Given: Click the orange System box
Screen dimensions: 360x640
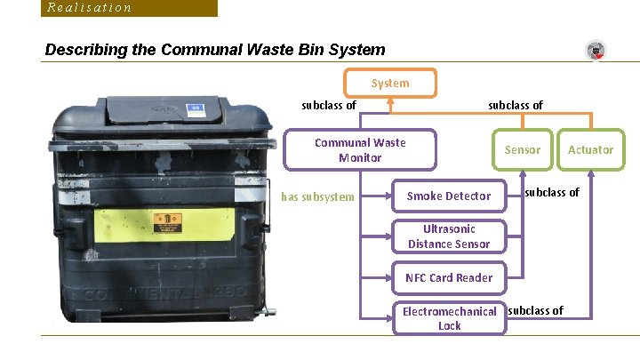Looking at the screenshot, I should point(390,83).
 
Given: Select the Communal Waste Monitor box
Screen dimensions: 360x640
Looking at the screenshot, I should point(360,150).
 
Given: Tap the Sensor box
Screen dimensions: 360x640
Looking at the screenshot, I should point(522,149).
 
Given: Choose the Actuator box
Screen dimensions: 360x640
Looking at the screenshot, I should point(590,149).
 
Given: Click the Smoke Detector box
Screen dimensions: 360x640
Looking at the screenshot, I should point(448,196).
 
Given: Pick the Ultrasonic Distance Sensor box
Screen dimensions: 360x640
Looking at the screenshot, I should point(449,236).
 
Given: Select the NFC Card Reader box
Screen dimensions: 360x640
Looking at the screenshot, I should point(449,277).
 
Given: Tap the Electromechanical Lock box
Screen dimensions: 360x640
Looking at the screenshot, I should point(449,318).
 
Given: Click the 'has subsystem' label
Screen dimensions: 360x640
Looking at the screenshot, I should point(317,196).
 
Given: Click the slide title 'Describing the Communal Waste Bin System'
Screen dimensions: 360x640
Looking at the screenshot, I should point(215,50).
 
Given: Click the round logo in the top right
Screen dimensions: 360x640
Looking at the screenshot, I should point(596,51).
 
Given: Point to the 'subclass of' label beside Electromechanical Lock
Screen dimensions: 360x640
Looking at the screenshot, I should point(536,311).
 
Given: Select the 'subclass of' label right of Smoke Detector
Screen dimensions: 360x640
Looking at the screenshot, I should point(551,192).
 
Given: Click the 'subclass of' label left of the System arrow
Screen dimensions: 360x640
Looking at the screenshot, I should point(329,105).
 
